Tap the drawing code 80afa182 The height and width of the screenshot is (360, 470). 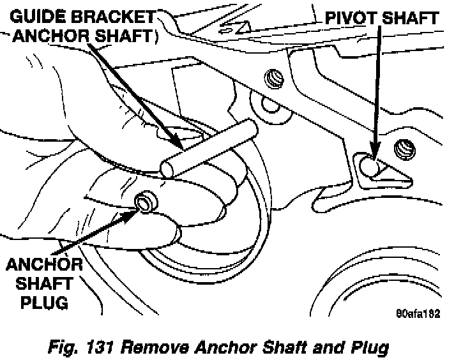click(x=418, y=313)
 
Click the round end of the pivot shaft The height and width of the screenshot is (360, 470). click(x=367, y=167)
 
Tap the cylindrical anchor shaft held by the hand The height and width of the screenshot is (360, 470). click(x=211, y=148)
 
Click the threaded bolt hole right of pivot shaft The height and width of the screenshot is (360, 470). click(x=404, y=149)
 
